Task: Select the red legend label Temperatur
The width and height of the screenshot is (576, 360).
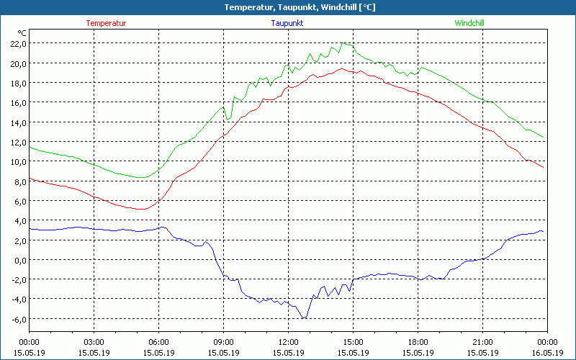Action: tap(106, 23)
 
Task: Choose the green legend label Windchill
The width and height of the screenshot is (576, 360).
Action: tap(469, 23)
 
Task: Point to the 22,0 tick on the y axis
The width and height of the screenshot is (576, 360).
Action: tap(17, 43)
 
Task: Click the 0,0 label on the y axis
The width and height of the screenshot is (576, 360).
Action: tap(19, 260)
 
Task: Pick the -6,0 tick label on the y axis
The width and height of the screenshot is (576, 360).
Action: tap(17, 319)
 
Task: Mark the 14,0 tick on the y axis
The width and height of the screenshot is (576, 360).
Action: tap(17, 122)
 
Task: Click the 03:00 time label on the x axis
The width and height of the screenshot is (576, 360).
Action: tap(94, 342)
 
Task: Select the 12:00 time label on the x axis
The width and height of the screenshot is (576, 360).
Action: tap(288, 342)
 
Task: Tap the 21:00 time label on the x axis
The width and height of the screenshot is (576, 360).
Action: tap(482, 342)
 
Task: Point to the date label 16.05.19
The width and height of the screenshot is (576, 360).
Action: tap(547, 353)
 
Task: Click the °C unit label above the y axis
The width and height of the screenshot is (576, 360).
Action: tap(22, 33)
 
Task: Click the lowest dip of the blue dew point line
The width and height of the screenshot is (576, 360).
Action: tap(304, 318)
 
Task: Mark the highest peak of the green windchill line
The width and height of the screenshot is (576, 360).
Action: tap(343, 43)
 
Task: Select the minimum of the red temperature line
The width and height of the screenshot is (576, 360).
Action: tap(143, 210)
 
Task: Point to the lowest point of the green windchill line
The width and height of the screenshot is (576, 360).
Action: tap(142, 178)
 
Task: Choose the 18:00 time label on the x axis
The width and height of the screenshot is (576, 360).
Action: tap(418, 342)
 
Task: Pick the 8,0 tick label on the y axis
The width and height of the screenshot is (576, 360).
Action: tap(19, 181)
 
